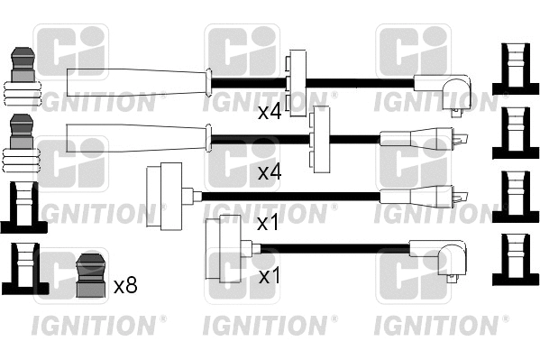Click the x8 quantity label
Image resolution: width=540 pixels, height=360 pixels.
[125, 287]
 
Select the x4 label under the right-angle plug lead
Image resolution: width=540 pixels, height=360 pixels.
[270, 113]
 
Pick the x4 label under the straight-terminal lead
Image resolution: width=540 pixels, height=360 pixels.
[270, 171]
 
